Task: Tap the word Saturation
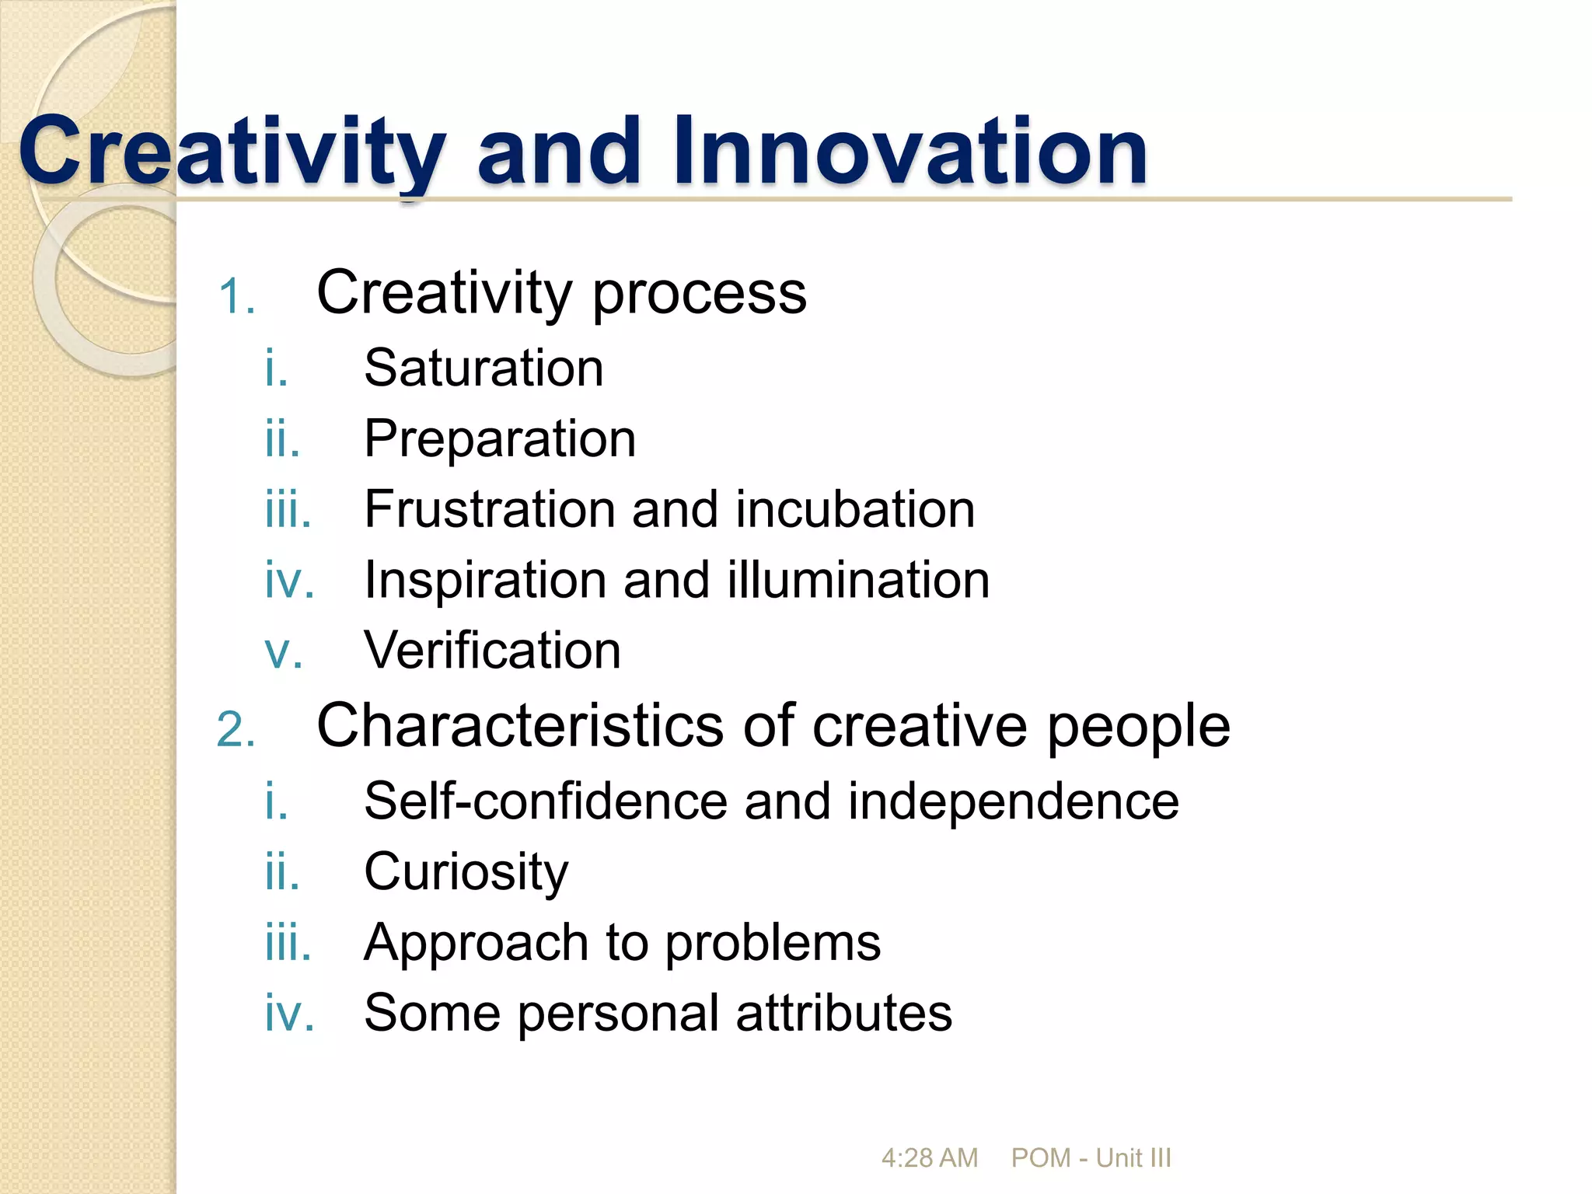[x=484, y=368]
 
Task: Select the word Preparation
[x=500, y=438]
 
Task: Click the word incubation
[x=855, y=509]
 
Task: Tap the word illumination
[x=858, y=580]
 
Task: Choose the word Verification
[x=492, y=651]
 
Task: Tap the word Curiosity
[x=466, y=872]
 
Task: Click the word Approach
[x=476, y=943]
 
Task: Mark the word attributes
[x=843, y=1013]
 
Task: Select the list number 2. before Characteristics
[x=236, y=730]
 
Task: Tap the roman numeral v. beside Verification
[x=283, y=652]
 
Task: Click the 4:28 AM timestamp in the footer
[x=929, y=1158]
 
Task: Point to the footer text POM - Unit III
[x=1091, y=1158]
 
